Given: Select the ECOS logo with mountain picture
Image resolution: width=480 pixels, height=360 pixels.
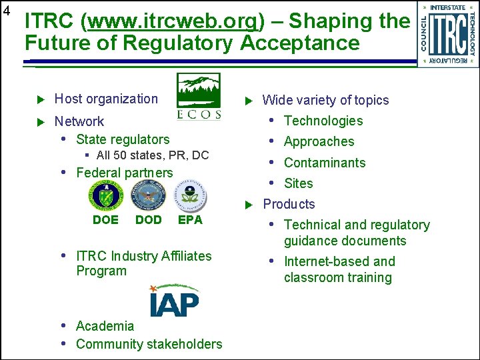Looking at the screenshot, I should [x=198, y=96].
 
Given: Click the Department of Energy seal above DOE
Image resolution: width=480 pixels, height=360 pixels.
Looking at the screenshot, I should [x=105, y=196].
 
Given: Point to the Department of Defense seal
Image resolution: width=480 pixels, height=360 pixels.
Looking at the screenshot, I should [x=148, y=196].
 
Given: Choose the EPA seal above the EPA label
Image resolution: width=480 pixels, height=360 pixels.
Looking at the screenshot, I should [x=191, y=196].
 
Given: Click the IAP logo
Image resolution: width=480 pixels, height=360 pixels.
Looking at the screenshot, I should [x=173, y=301].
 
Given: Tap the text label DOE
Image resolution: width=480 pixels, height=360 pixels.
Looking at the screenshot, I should [x=105, y=219].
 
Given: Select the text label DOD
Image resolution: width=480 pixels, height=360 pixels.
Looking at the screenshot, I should [x=148, y=219].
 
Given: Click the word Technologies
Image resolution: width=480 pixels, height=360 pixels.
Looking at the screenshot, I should [x=323, y=121].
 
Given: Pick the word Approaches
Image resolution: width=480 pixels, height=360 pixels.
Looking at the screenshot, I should [x=319, y=141].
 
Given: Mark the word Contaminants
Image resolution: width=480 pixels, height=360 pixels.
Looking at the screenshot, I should [x=325, y=163].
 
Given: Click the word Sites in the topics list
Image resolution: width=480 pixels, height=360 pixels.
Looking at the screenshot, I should [x=298, y=183].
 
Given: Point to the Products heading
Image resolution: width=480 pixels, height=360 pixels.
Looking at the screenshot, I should [x=289, y=204].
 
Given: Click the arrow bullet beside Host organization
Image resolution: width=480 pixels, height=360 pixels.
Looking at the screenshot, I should [x=39, y=100].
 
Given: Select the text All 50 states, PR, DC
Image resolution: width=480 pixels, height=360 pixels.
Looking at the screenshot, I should [x=152, y=155].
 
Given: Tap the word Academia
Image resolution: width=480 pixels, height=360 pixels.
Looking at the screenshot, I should [x=105, y=326].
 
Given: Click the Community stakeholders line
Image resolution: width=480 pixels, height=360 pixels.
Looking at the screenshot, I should [x=149, y=344].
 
